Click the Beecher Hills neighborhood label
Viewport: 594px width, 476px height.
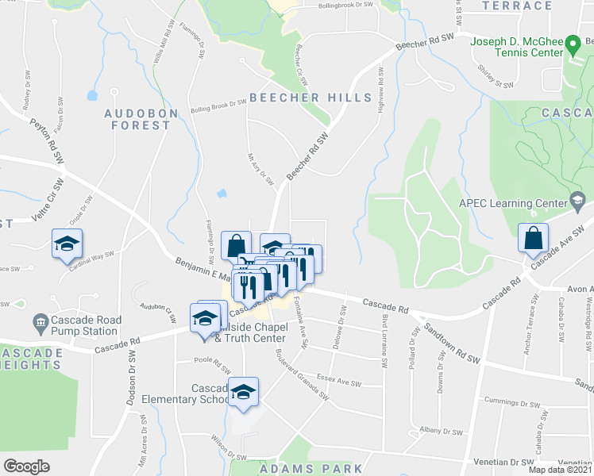click(x=310, y=98)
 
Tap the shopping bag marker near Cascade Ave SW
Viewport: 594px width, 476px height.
click(x=532, y=237)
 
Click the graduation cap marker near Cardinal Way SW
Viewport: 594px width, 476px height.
click(x=67, y=243)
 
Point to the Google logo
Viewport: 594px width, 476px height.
click(x=26, y=466)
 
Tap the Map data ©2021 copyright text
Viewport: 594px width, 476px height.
click(x=561, y=470)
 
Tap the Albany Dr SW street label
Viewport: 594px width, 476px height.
click(x=442, y=431)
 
